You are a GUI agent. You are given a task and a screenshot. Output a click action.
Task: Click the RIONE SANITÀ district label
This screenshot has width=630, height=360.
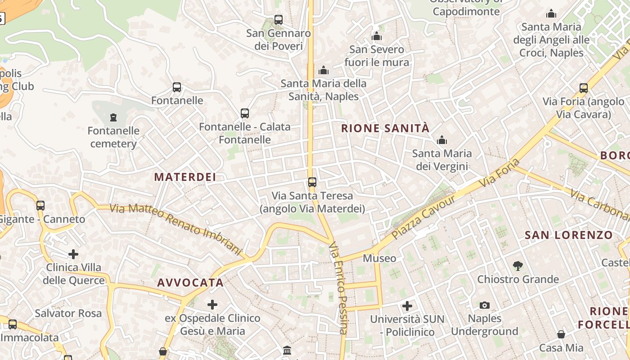pyautogui.click(x=385, y=128)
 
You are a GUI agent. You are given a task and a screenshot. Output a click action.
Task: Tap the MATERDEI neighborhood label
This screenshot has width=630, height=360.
pyautogui.click(x=185, y=177)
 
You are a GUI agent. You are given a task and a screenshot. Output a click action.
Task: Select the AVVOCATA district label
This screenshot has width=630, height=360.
pyautogui.click(x=190, y=283)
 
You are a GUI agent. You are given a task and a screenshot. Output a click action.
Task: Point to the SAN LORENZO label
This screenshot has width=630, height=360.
pyautogui.click(x=569, y=235)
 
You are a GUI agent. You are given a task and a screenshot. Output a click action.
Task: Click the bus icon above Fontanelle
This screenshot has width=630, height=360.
pyautogui.click(x=177, y=87)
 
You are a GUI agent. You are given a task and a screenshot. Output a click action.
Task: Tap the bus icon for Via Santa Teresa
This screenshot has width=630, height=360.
pyautogui.click(x=312, y=182)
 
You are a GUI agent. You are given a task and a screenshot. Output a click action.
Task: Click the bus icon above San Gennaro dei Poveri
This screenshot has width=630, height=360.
pyautogui.click(x=279, y=20)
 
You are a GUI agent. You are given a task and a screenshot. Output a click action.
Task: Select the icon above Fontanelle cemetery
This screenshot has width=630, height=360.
pyautogui.click(x=113, y=117)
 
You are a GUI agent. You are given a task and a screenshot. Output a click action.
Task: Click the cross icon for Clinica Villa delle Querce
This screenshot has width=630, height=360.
pyautogui.click(x=73, y=254)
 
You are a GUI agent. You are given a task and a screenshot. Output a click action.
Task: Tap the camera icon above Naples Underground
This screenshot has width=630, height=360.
pyautogui.click(x=484, y=305)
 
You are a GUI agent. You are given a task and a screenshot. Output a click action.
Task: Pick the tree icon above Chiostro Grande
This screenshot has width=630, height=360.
pyautogui.click(x=518, y=266)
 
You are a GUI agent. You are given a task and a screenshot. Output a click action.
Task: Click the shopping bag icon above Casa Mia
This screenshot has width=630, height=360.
pyautogui.click(x=561, y=334)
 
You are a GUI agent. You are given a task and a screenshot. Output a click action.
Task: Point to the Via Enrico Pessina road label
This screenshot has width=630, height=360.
pyautogui.click(x=339, y=288)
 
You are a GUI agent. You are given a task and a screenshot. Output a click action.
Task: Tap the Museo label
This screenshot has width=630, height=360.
pyautogui.click(x=379, y=258)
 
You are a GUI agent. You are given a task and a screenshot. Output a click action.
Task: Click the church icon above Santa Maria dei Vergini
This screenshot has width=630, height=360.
pyautogui.click(x=442, y=140)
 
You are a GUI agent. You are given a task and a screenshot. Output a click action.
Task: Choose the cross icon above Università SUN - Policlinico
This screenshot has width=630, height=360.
pyautogui.click(x=407, y=306)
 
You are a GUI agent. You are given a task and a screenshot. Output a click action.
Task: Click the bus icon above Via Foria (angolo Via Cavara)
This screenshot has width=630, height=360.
pyautogui.click(x=584, y=88)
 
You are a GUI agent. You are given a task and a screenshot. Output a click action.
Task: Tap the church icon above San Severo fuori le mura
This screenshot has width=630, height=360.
pyautogui.click(x=377, y=36)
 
